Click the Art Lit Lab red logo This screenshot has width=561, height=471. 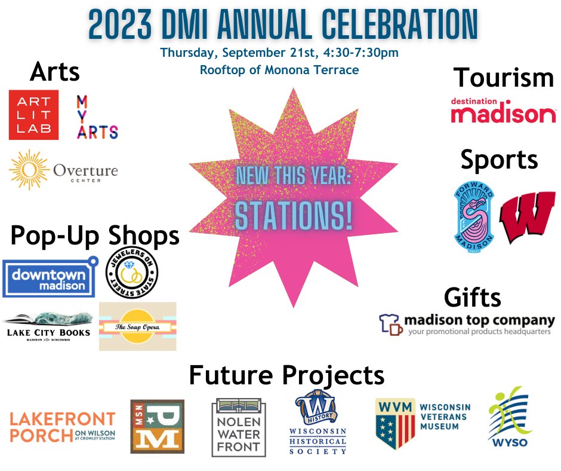(x=33, y=115)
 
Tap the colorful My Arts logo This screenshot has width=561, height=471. (x=97, y=117)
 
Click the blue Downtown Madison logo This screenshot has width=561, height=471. (x=50, y=277)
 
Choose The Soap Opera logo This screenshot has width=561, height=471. (x=137, y=326)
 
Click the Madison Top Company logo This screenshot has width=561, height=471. (x=467, y=324)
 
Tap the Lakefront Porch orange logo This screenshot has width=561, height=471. (x=62, y=426)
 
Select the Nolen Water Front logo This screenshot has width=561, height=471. (x=238, y=428)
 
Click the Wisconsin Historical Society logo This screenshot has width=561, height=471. (x=318, y=424)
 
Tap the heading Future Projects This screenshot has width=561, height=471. (x=286, y=375)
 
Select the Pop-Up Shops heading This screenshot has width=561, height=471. (x=95, y=236)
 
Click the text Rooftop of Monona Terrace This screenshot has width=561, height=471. (x=279, y=70)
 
